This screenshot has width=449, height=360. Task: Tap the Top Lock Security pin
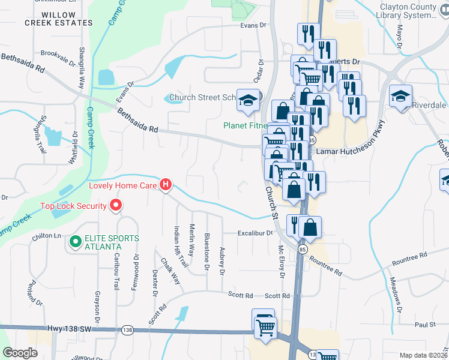(x=116, y=206)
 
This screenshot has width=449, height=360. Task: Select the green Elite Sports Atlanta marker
(x=75, y=242)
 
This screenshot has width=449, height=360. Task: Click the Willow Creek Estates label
(x=59, y=19)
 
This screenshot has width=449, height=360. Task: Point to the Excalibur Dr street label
(x=255, y=232)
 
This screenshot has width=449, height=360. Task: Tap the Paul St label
(x=424, y=325)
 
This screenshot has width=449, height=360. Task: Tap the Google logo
(x=20, y=353)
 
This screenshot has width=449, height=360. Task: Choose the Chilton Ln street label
(x=47, y=236)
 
